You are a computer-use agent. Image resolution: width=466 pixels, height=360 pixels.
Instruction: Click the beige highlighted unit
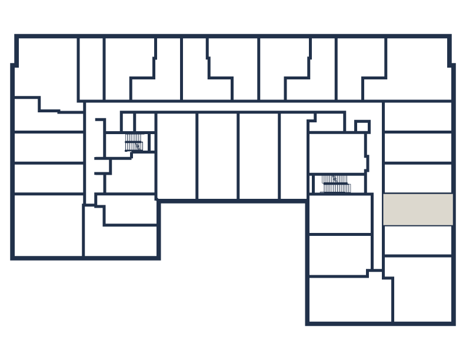[418, 209]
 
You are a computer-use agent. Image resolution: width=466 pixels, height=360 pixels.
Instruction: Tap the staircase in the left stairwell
[134, 142]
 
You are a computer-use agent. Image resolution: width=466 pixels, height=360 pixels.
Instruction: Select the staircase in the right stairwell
[335, 184]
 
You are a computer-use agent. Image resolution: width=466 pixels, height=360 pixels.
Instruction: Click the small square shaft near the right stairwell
[362, 127]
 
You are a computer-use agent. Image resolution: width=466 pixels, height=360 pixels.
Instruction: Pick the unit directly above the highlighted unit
[418, 178]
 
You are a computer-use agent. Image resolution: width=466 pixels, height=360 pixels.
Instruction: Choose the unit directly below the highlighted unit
[418, 240]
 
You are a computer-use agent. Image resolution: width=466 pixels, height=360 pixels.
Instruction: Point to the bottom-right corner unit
[422, 289]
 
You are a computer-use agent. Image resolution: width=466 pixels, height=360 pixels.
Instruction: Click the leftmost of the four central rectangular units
[177, 156]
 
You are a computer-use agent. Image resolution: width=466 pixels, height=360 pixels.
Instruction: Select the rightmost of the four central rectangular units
[293, 156]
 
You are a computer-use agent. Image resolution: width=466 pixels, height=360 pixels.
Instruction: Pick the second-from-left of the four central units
[218, 156]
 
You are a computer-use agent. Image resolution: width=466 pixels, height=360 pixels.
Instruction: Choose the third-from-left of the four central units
[259, 156]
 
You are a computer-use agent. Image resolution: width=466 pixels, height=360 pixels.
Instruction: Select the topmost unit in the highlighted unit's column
[418, 116]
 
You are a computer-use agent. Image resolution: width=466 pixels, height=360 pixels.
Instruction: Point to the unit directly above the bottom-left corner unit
[48, 178]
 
